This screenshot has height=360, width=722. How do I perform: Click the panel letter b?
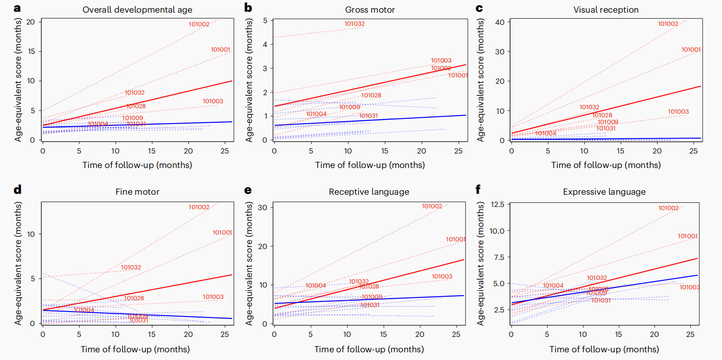point(248,8)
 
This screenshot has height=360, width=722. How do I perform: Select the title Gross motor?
point(370,10)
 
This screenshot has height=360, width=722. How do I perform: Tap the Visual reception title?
point(606,10)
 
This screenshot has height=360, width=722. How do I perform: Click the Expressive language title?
point(604,192)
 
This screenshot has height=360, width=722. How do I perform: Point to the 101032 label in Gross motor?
point(354,24)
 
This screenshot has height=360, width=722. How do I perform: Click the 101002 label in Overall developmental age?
point(199,24)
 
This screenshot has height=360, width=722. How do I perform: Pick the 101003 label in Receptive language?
point(442,277)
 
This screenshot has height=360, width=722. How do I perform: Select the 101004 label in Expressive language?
point(553,286)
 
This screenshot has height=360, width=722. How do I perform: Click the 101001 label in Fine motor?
point(222,233)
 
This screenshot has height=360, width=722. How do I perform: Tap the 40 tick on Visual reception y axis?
point(500,22)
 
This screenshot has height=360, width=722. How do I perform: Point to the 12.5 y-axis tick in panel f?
point(497,205)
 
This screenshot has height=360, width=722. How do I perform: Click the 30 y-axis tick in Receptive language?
point(262,207)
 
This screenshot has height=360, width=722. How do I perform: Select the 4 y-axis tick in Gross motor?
point(265,44)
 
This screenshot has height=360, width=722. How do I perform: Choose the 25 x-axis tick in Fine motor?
point(225,335)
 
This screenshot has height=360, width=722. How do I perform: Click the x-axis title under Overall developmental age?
point(137,165)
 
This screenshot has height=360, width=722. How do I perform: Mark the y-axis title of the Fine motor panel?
point(18,263)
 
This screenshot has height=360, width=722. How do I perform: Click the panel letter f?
point(478,189)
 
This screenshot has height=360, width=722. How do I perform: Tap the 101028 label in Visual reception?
point(602,115)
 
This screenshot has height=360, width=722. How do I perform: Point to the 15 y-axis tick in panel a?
point(31,52)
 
